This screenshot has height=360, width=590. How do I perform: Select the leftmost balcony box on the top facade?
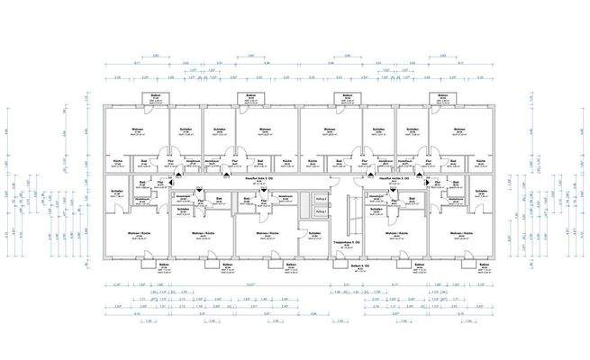pos(156,98)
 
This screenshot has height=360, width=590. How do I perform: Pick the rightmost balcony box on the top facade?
pos(442,98)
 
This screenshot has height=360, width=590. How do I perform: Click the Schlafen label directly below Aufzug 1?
pos(314,233)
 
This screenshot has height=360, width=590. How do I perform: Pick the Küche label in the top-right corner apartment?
pos(480,163)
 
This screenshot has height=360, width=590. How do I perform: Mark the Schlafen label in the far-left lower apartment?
pos(116,191)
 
